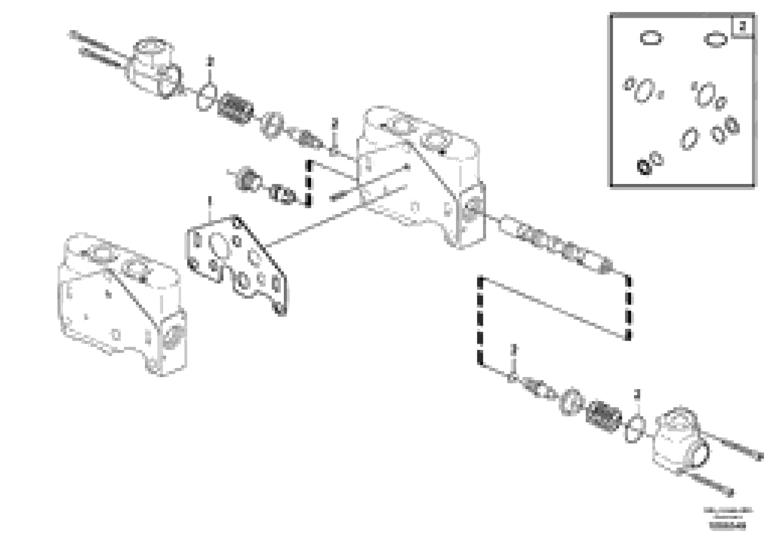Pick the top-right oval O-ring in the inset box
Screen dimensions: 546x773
[x=715, y=39]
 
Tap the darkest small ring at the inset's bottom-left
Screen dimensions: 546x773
[x=645, y=167]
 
